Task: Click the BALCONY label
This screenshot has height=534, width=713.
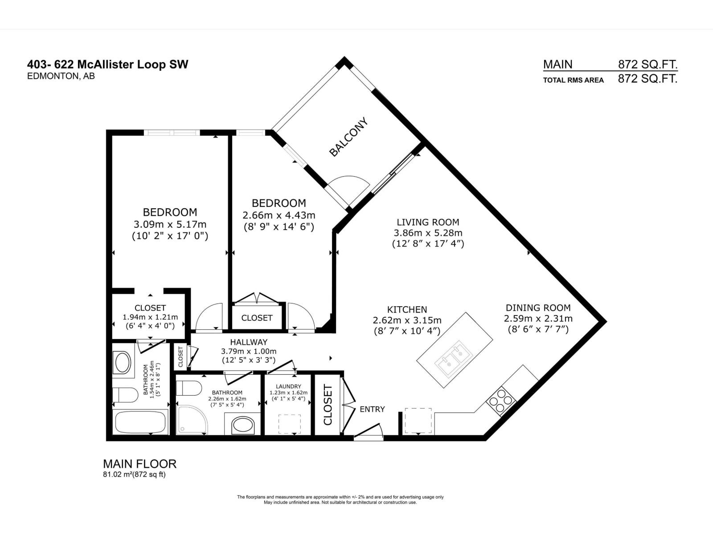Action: [x=349, y=137]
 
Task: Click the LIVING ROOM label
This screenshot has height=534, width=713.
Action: [x=428, y=222]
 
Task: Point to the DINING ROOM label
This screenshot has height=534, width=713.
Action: [x=538, y=307]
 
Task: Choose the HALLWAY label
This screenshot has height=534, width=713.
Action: [x=249, y=342]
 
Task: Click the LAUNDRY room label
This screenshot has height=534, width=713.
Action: [x=288, y=386]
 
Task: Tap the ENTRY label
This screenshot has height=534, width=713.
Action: [x=372, y=409]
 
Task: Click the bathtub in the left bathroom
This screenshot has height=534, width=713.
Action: [x=141, y=422]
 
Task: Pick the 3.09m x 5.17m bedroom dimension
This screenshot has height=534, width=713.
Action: [x=170, y=224]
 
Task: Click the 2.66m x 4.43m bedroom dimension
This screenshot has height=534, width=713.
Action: [x=279, y=215]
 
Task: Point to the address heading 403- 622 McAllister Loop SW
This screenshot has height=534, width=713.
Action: [x=107, y=65]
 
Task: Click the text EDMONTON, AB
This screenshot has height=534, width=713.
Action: [x=61, y=76]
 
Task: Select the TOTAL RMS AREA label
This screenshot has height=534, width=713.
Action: [x=574, y=80]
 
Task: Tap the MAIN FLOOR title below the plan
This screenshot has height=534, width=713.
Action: [x=139, y=464]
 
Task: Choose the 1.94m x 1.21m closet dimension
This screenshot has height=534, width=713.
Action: [x=150, y=317]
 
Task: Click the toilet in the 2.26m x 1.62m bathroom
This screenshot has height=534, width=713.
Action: [x=189, y=388]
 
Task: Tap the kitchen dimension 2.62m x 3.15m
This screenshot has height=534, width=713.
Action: [x=407, y=320]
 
